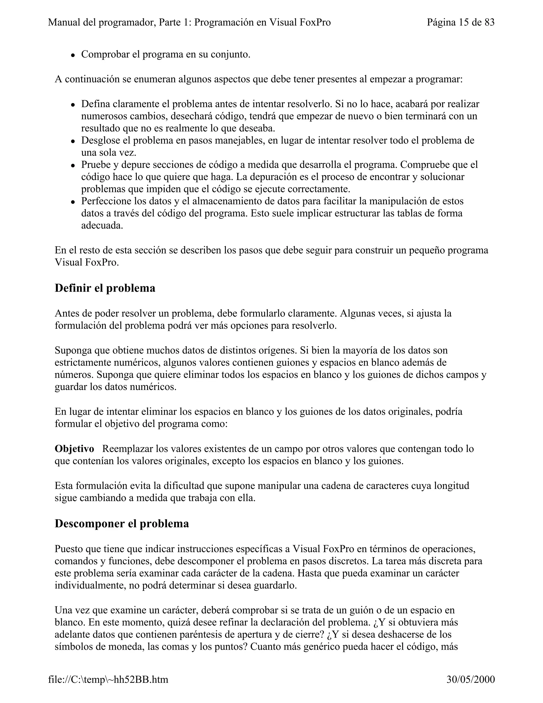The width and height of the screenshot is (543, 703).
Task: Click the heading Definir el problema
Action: [x=105, y=288]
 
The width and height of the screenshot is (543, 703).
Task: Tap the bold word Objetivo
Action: [x=74, y=449]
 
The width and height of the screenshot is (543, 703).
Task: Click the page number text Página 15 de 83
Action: [x=460, y=23]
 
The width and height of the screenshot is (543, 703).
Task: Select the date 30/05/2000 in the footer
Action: [x=470, y=679]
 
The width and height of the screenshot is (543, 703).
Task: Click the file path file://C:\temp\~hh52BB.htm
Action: [x=108, y=679]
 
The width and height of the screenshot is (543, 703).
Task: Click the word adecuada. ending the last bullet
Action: [x=102, y=225]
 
